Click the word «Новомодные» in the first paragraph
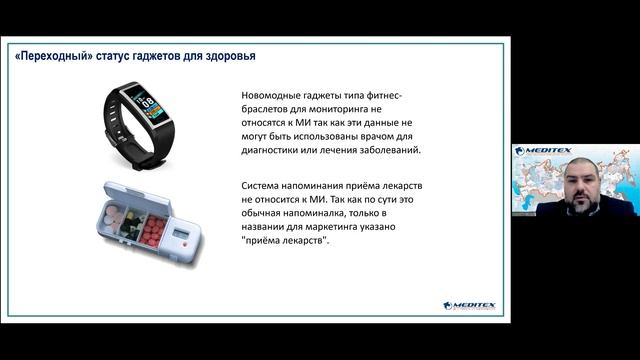pos(273,97)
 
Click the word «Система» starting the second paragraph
pos(263,185)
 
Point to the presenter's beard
pos(578,197)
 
